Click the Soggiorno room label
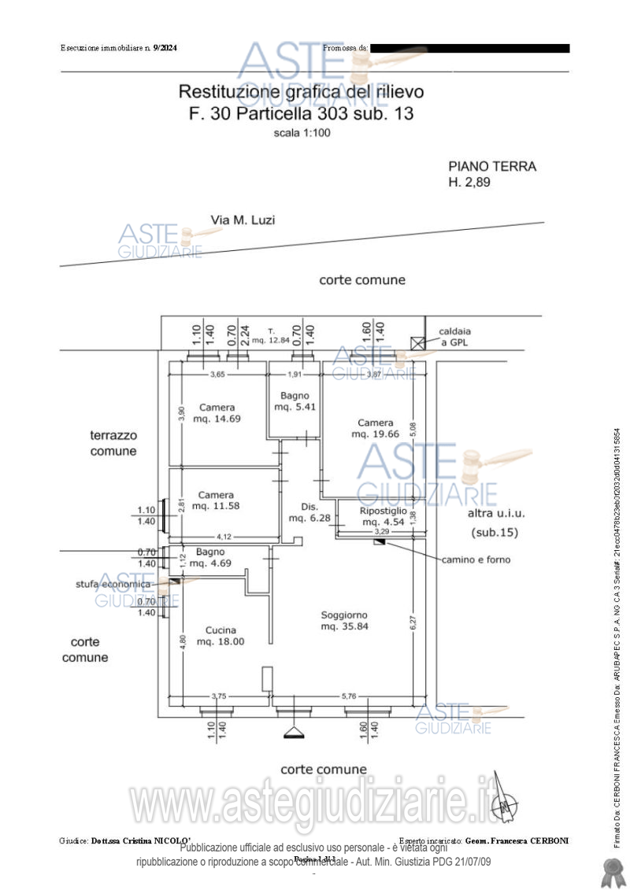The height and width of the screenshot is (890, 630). (344, 621)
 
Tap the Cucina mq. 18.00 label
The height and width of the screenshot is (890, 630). (220, 636)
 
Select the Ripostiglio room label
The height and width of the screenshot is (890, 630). (384, 516)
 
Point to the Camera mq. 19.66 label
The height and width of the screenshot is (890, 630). (375, 428)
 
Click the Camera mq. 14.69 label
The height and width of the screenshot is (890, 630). (217, 413)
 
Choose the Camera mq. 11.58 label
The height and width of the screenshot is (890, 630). (216, 500)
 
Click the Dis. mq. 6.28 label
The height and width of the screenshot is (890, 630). (308, 512)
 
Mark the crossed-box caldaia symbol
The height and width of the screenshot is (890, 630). (417, 342)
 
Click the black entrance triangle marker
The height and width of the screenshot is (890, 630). (294, 733)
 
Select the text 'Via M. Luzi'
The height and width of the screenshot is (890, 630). (243, 220)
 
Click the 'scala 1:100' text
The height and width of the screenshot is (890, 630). (302, 133)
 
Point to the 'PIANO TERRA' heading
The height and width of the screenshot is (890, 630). (492, 167)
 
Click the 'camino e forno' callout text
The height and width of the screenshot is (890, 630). (476, 559)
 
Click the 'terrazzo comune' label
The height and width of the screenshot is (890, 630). (113, 443)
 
